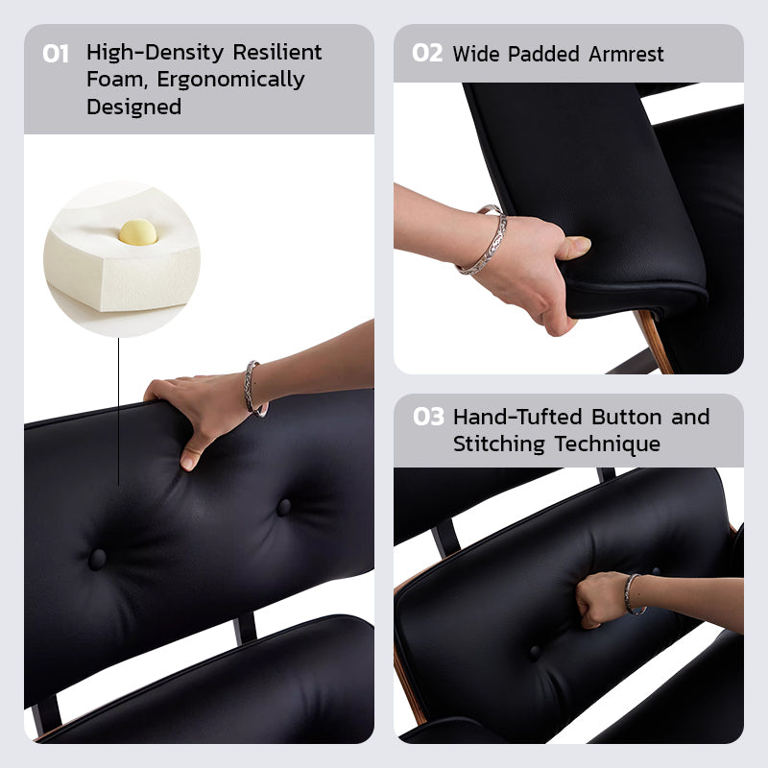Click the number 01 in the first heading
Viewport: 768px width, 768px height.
click(56, 54)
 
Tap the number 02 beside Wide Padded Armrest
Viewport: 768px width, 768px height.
click(427, 54)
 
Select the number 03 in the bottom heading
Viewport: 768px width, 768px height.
click(429, 418)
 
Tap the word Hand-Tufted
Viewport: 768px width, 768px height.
click(518, 418)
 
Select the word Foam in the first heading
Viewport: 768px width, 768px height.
click(112, 80)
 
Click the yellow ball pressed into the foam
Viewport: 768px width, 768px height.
click(137, 233)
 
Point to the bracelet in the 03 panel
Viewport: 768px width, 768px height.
click(631, 592)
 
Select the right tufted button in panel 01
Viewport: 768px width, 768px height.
click(283, 507)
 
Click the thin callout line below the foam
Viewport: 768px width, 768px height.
click(119, 413)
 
